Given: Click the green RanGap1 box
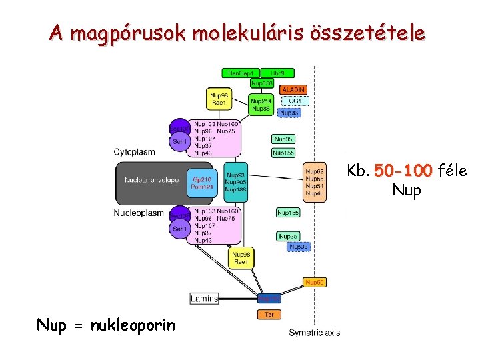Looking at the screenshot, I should [240, 73].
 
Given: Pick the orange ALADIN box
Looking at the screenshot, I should [294, 89].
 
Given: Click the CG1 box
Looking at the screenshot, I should [295, 101].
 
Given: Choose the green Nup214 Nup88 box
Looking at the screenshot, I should [261, 105].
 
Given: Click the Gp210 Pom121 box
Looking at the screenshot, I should [202, 183].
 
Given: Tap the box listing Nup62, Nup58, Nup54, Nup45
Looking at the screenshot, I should [315, 182].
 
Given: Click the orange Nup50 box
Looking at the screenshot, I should [315, 282].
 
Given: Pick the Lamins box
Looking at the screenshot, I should [204, 299].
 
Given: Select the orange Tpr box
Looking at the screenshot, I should [269, 313].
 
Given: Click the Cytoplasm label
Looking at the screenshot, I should [134, 152].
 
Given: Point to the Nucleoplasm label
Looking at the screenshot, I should [139, 213].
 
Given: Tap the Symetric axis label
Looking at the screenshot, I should [314, 333].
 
